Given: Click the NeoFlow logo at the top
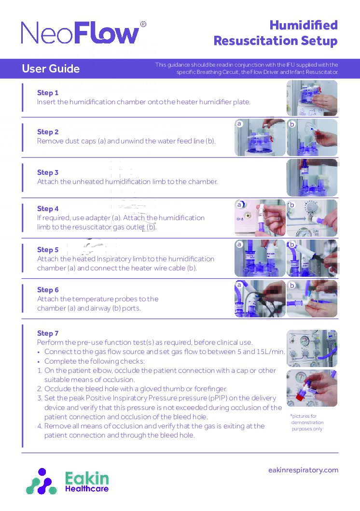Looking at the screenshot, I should [x=80, y=33].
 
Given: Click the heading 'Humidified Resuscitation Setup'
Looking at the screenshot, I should [x=276, y=33].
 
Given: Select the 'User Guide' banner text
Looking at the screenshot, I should [x=51, y=69].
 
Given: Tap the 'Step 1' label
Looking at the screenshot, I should [x=48, y=93].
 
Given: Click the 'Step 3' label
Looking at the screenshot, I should [x=48, y=172].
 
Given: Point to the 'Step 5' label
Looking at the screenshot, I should [x=48, y=250].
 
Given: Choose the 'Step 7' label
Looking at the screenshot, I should [x=48, y=333].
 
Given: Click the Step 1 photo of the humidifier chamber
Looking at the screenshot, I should [x=312, y=98].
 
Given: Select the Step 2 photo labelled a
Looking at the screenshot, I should [x=260, y=138].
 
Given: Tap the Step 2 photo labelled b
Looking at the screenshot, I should [x=312, y=138].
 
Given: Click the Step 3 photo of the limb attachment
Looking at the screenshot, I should [x=312, y=177].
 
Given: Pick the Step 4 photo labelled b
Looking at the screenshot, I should [x=312, y=218].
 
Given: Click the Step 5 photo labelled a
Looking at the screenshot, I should [x=260, y=258].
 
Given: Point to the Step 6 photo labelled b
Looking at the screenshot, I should [x=312, y=299].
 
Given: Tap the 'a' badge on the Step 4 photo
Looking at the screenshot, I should [x=239, y=205].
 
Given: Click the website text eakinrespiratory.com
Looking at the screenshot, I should [x=303, y=470].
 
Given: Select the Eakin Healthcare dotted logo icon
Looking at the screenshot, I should [x=42, y=481].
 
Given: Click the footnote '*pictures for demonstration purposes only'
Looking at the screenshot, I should [x=307, y=422].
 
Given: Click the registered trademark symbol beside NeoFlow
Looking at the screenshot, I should [x=143, y=24].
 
